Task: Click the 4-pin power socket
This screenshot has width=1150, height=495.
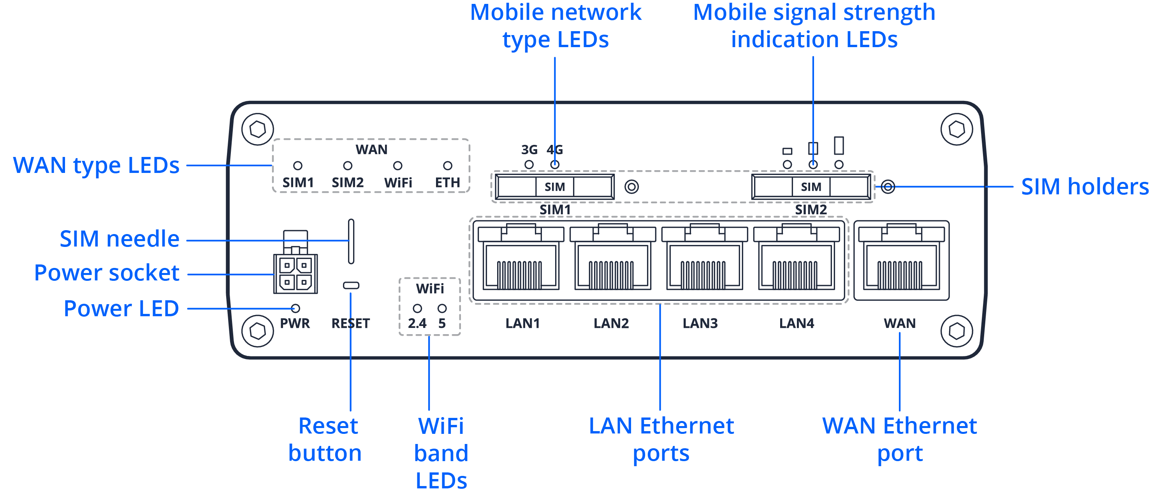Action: click(295, 273)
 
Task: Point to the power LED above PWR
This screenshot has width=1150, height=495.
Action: click(295, 308)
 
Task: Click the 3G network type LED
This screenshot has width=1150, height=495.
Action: click(529, 164)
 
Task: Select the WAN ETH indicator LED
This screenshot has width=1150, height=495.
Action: click(447, 166)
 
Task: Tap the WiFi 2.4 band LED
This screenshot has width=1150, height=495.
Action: click(417, 308)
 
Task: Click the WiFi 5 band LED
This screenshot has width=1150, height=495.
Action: click(442, 308)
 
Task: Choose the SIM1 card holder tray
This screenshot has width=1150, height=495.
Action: click(554, 187)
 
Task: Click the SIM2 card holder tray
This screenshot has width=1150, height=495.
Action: click(811, 187)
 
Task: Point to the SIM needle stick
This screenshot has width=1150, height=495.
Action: click(351, 241)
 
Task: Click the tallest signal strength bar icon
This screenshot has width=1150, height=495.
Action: click(839, 146)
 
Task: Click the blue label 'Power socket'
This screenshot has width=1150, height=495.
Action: click(107, 273)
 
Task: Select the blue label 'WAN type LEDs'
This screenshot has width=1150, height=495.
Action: click(96, 165)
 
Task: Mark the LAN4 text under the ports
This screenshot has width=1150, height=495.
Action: click(797, 323)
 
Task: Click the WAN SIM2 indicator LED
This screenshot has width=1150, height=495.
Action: click(347, 166)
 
